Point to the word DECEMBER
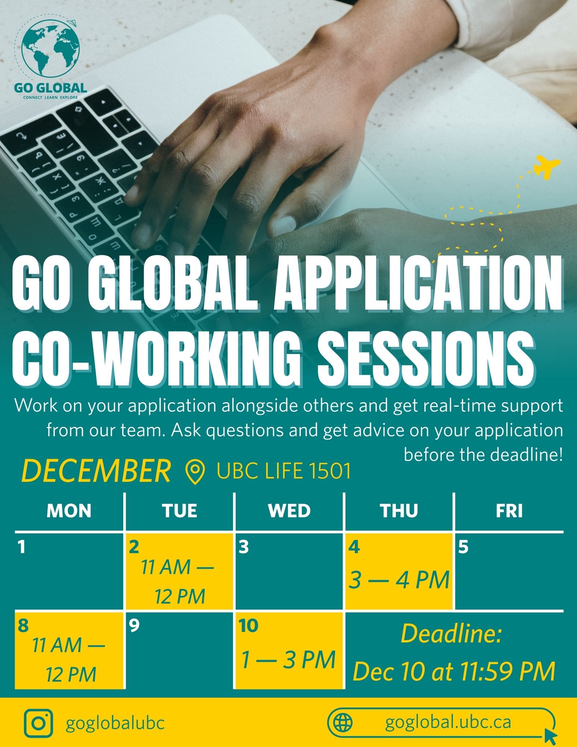pos(96,471)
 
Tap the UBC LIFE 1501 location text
pos(284,471)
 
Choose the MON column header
pos(69,511)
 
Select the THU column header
pos(399,511)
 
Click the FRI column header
pos(509,511)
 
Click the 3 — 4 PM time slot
pos(399,580)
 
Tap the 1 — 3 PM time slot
pos(289,660)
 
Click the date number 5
pos(463,548)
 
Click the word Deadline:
pos(451,634)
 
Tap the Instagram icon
pos(38,723)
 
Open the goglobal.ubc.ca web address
pos(448,722)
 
